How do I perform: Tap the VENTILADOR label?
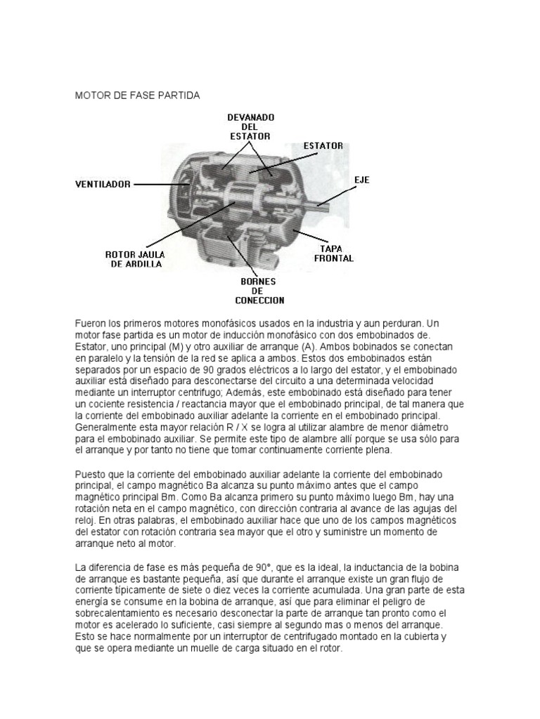(103, 184)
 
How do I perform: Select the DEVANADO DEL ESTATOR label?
(251, 126)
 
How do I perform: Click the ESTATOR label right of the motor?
(323, 146)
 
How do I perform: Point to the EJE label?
(361, 180)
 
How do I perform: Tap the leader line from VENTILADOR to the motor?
(156, 184)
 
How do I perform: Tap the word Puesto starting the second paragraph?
(91, 475)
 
